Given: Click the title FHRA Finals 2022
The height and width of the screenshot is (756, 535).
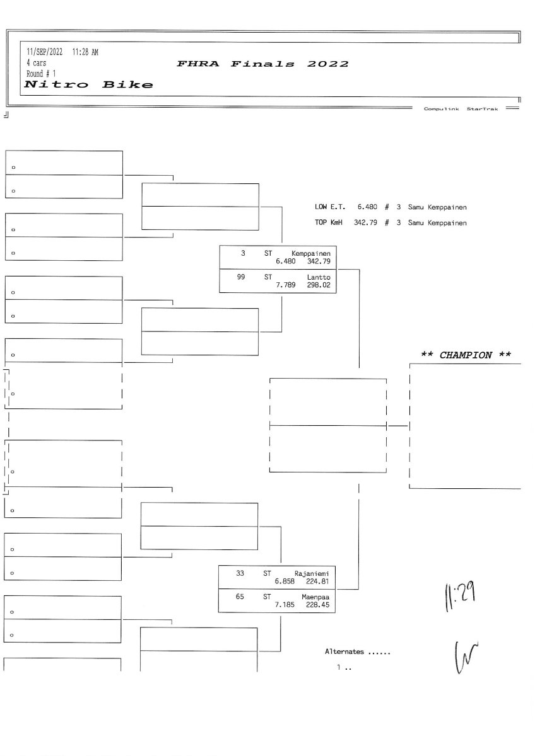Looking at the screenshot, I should (x=262, y=64).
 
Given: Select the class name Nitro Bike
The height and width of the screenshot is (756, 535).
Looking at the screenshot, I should (x=88, y=84).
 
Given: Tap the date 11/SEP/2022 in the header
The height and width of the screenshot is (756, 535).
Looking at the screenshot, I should (x=44, y=52).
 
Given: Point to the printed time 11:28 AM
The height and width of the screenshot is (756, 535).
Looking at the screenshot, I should (x=85, y=52).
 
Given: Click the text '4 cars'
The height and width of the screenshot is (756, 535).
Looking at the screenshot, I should (x=36, y=63).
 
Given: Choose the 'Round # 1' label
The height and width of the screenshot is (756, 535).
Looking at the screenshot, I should (x=41, y=74).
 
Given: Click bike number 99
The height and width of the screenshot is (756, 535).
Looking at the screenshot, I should (x=240, y=277).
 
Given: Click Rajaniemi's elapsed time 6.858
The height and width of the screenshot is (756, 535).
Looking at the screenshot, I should (x=285, y=581).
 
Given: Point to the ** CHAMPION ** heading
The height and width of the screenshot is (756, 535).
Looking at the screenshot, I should (x=466, y=355).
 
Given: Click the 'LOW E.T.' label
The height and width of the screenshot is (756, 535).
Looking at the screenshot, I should (x=330, y=207).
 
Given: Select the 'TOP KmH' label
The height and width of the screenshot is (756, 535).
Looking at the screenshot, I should (x=329, y=222).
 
